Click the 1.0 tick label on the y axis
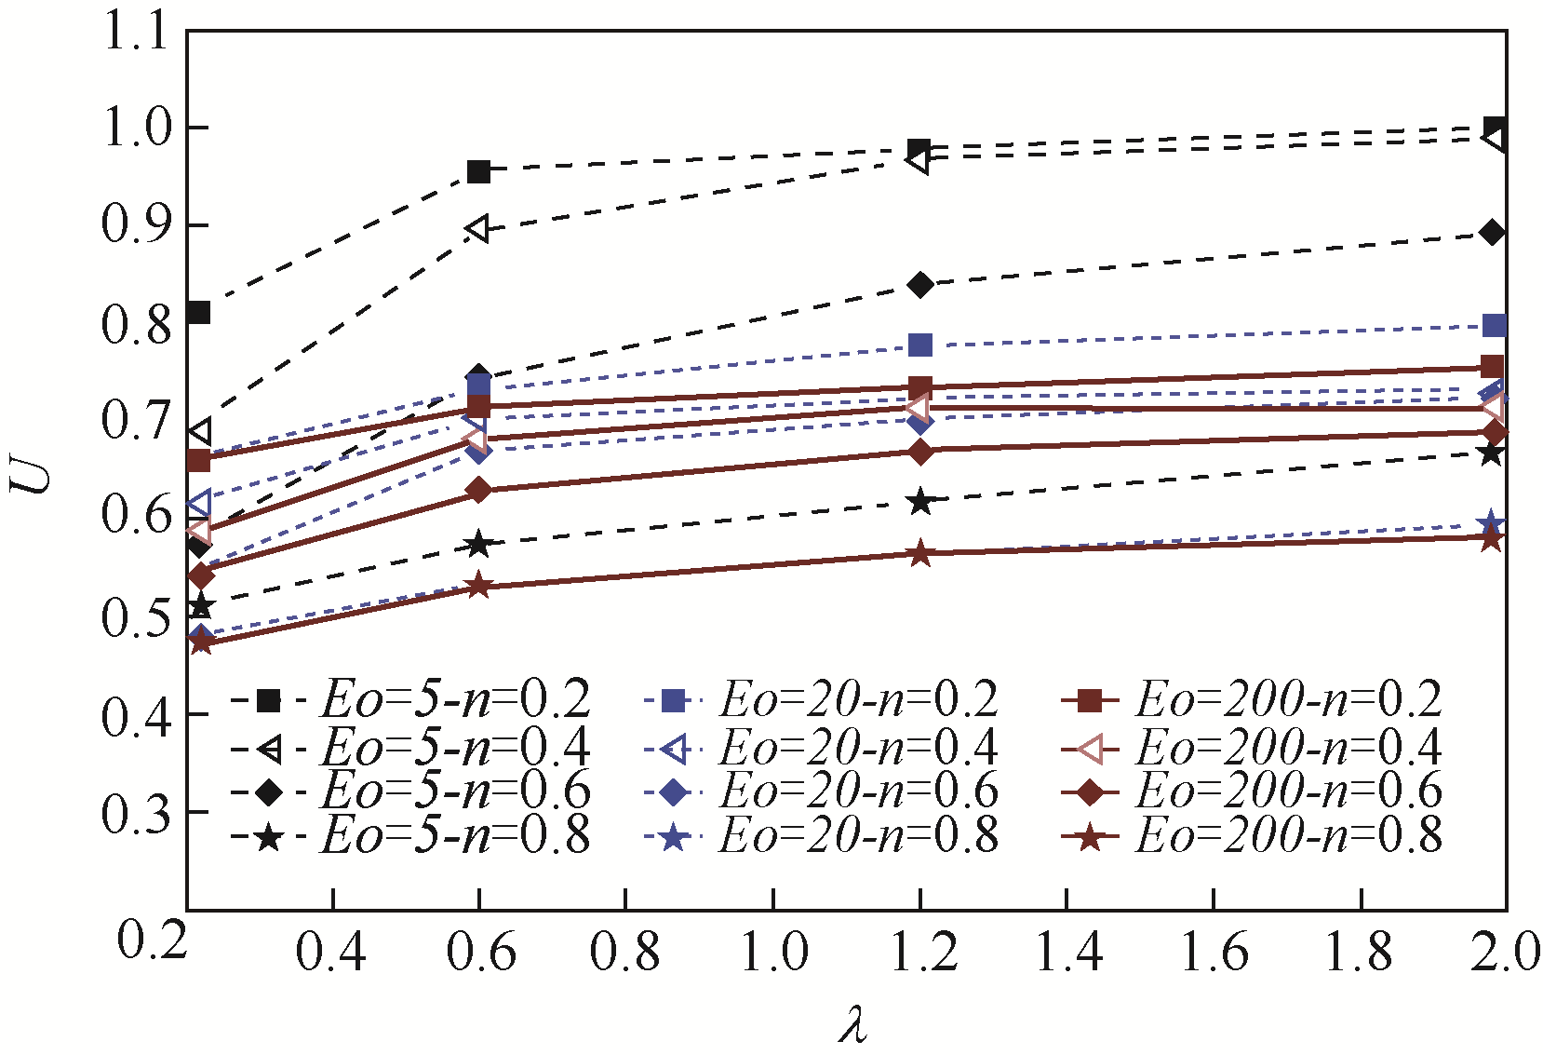click(x=137, y=128)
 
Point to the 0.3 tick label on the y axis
click(x=137, y=813)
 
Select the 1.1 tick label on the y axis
click(x=137, y=33)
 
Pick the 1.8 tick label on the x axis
click(x=1361, y=953)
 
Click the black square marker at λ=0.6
click(x=479, y=171)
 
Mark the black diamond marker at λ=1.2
click(x=920, y=285)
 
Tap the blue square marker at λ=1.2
click(x=920, y=345)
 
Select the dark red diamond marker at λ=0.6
click(x=478, y=490)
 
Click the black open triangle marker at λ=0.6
click(x=477, y=229)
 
